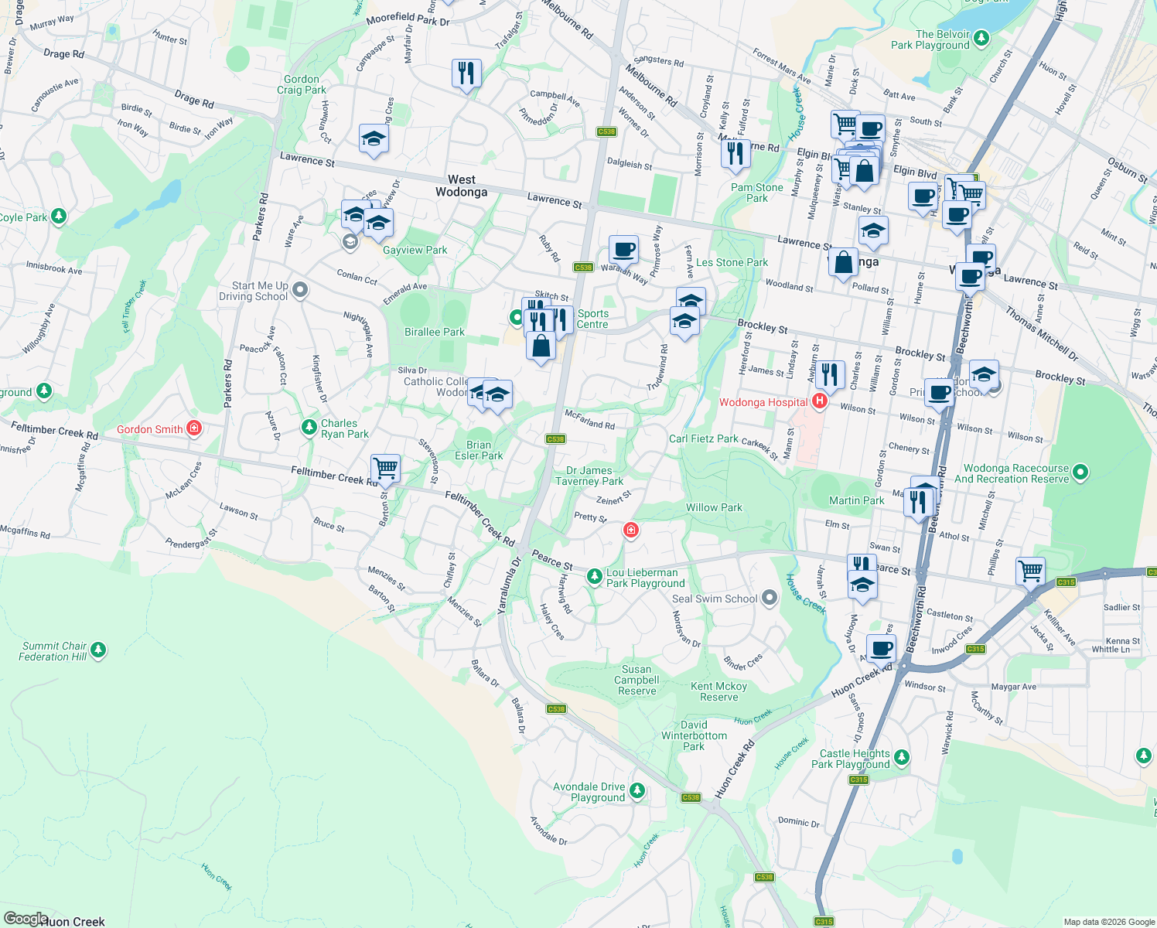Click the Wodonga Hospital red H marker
pos(820,401)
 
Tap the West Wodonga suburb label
pos(461,186)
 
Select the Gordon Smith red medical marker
pos(194,428)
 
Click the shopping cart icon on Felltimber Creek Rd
pos(385,468)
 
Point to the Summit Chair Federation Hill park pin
pos(98,650)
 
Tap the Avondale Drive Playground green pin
pos(637,790)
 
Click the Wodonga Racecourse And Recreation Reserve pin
pos(1081,471)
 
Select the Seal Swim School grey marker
pos(769,597)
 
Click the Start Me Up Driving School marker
pos(300,290)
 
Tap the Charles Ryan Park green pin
pos(309,427)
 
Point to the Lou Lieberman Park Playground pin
pos(594,576)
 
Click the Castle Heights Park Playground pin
pos(902,758)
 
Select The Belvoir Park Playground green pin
pos(981,38)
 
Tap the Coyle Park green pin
pos(58,217)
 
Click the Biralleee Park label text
pos(435,332)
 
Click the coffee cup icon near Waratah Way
pos(623,250)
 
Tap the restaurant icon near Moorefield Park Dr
pos(466,73)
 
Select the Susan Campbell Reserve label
pos(637,680)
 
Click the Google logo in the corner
pos(26,919)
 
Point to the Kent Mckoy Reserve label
pos(718,691)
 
